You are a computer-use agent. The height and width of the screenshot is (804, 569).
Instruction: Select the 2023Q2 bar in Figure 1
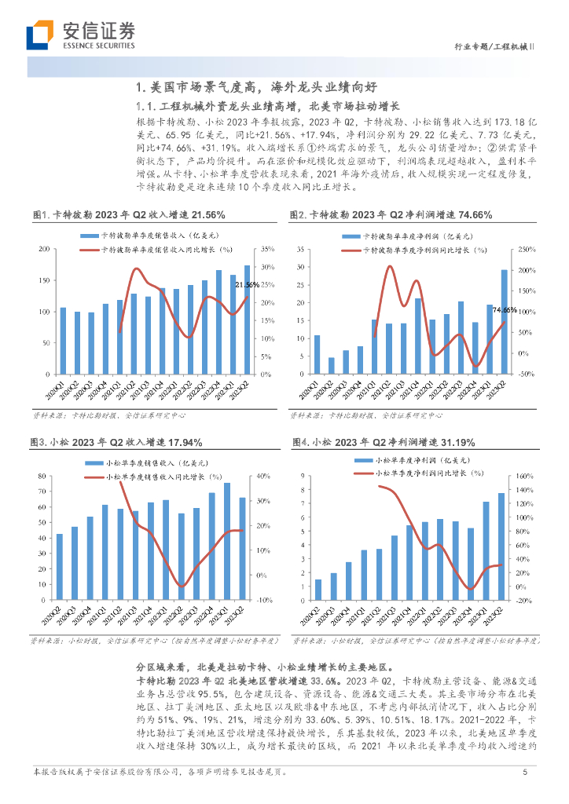(248, 319)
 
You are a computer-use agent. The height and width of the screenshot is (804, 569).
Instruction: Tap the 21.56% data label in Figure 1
(248, 284)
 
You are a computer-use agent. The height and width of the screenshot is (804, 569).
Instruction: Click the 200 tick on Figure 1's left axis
(43, 250)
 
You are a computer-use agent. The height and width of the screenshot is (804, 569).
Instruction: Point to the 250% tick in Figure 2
(527, 250)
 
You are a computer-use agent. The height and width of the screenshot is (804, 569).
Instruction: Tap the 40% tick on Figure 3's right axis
(262, 476)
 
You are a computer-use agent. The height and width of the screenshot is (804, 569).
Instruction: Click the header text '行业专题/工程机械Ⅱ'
(495, 46)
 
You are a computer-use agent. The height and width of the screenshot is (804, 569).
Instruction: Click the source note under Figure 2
(365, 414)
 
